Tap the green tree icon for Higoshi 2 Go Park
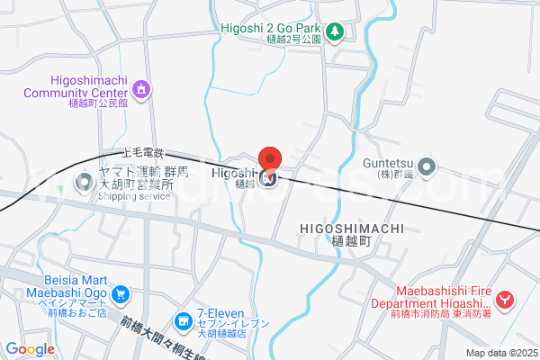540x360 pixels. click(335, 32)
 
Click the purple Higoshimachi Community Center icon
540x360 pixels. click(139, 89)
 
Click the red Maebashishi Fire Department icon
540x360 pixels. click(506, 300)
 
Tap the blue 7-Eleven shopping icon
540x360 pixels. click(183, 320)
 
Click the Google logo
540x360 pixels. click(30, 349)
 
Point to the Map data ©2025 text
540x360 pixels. click(500, 353)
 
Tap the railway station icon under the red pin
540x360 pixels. click(269, 176)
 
